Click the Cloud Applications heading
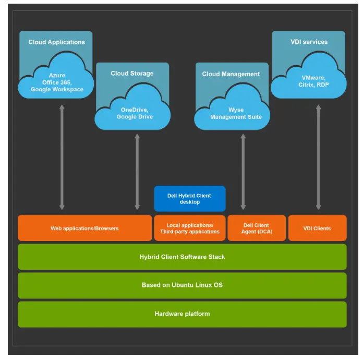56,42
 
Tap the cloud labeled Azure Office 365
56,82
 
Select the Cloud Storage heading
132,74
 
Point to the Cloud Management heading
231,74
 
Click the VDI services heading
308,42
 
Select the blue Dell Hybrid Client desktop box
190,199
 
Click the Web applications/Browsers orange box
84,229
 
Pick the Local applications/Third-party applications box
190,229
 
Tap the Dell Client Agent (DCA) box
256,229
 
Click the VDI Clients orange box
317,229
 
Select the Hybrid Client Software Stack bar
182,257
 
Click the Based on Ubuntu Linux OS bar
182,285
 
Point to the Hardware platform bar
182,314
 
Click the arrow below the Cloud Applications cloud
62,157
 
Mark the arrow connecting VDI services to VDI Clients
318,157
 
